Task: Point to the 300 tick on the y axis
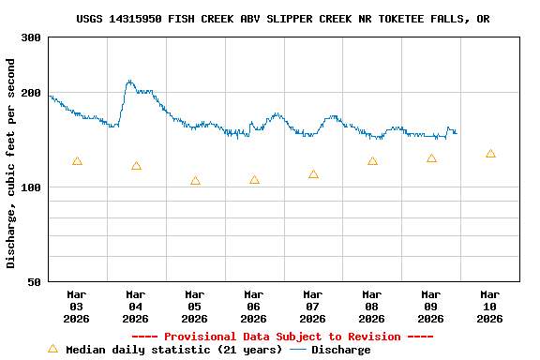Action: [31, 37]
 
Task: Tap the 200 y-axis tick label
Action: [31, 93]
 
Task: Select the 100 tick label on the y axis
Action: [31, 187]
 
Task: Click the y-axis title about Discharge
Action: [11, 163]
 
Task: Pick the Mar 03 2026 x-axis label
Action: [77, 306]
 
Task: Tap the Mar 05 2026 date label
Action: [195, 306]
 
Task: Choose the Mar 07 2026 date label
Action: [313, 306]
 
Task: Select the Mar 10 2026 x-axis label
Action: [490, 306]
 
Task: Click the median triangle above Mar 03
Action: [77, 161]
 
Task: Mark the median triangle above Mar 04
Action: [136, 166]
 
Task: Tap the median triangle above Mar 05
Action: [195, 181]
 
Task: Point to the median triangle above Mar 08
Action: [372, 161]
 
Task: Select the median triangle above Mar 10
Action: [490, 154]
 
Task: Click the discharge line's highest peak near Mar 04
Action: [129, 82]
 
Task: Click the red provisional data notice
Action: [282, 337]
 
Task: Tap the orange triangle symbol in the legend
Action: [52, 349]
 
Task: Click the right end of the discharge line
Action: [457, 132]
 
